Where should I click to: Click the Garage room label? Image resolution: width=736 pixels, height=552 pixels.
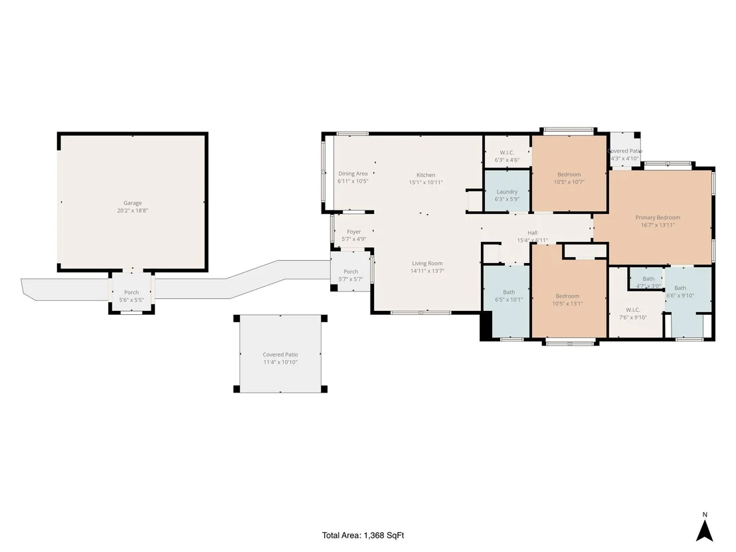pos(132,203)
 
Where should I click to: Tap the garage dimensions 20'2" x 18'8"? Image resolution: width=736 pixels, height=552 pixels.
pos(132,211)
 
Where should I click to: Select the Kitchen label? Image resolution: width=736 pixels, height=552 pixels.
pos(426,175)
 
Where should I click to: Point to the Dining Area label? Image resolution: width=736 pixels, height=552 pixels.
pos(353,173)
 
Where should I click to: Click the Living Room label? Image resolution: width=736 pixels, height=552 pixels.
pos(427,263)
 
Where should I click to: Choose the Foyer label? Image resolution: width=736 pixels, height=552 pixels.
pos(354,232)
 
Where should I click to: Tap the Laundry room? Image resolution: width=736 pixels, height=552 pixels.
pos(507,192)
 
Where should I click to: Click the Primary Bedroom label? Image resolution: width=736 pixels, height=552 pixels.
pos(658,217)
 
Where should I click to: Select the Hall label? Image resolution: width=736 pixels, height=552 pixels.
pos(532,232)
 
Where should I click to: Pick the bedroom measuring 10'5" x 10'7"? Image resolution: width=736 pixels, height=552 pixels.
pos(569,173)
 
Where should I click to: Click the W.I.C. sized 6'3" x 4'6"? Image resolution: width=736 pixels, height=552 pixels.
pos(507,151)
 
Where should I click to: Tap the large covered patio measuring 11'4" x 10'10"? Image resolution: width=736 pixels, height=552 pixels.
pos(280,354)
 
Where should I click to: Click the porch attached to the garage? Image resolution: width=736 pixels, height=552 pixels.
pos(132,292)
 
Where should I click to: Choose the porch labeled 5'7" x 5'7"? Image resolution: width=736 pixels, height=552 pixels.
pos(351,271)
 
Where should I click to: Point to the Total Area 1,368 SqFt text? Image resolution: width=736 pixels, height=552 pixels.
pos(363,535)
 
